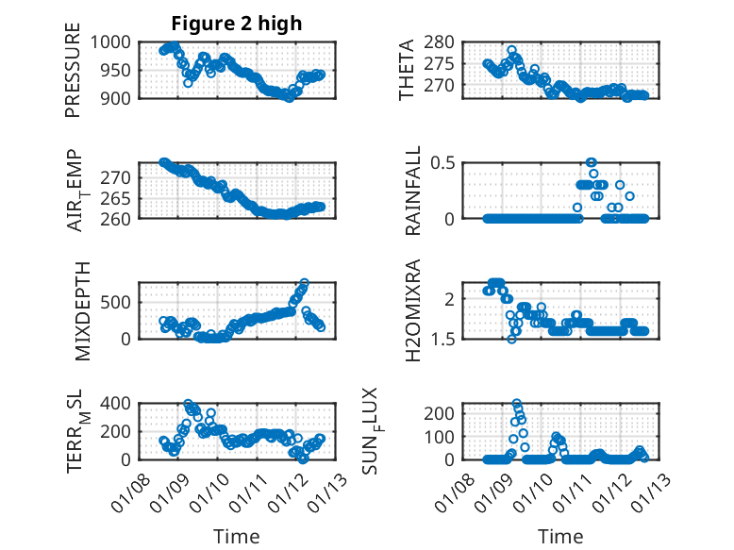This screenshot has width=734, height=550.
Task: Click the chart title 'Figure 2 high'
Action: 237,24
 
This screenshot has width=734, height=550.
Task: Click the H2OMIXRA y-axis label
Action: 412,310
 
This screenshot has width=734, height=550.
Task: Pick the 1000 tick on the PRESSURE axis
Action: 116,42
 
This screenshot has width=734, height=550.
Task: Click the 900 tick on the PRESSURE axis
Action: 121,97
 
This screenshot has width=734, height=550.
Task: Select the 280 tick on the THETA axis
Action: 446,42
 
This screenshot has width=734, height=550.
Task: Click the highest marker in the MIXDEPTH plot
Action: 304,282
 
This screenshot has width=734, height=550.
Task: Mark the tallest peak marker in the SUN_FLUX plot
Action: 517,403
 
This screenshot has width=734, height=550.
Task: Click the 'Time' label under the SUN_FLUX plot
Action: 560,536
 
